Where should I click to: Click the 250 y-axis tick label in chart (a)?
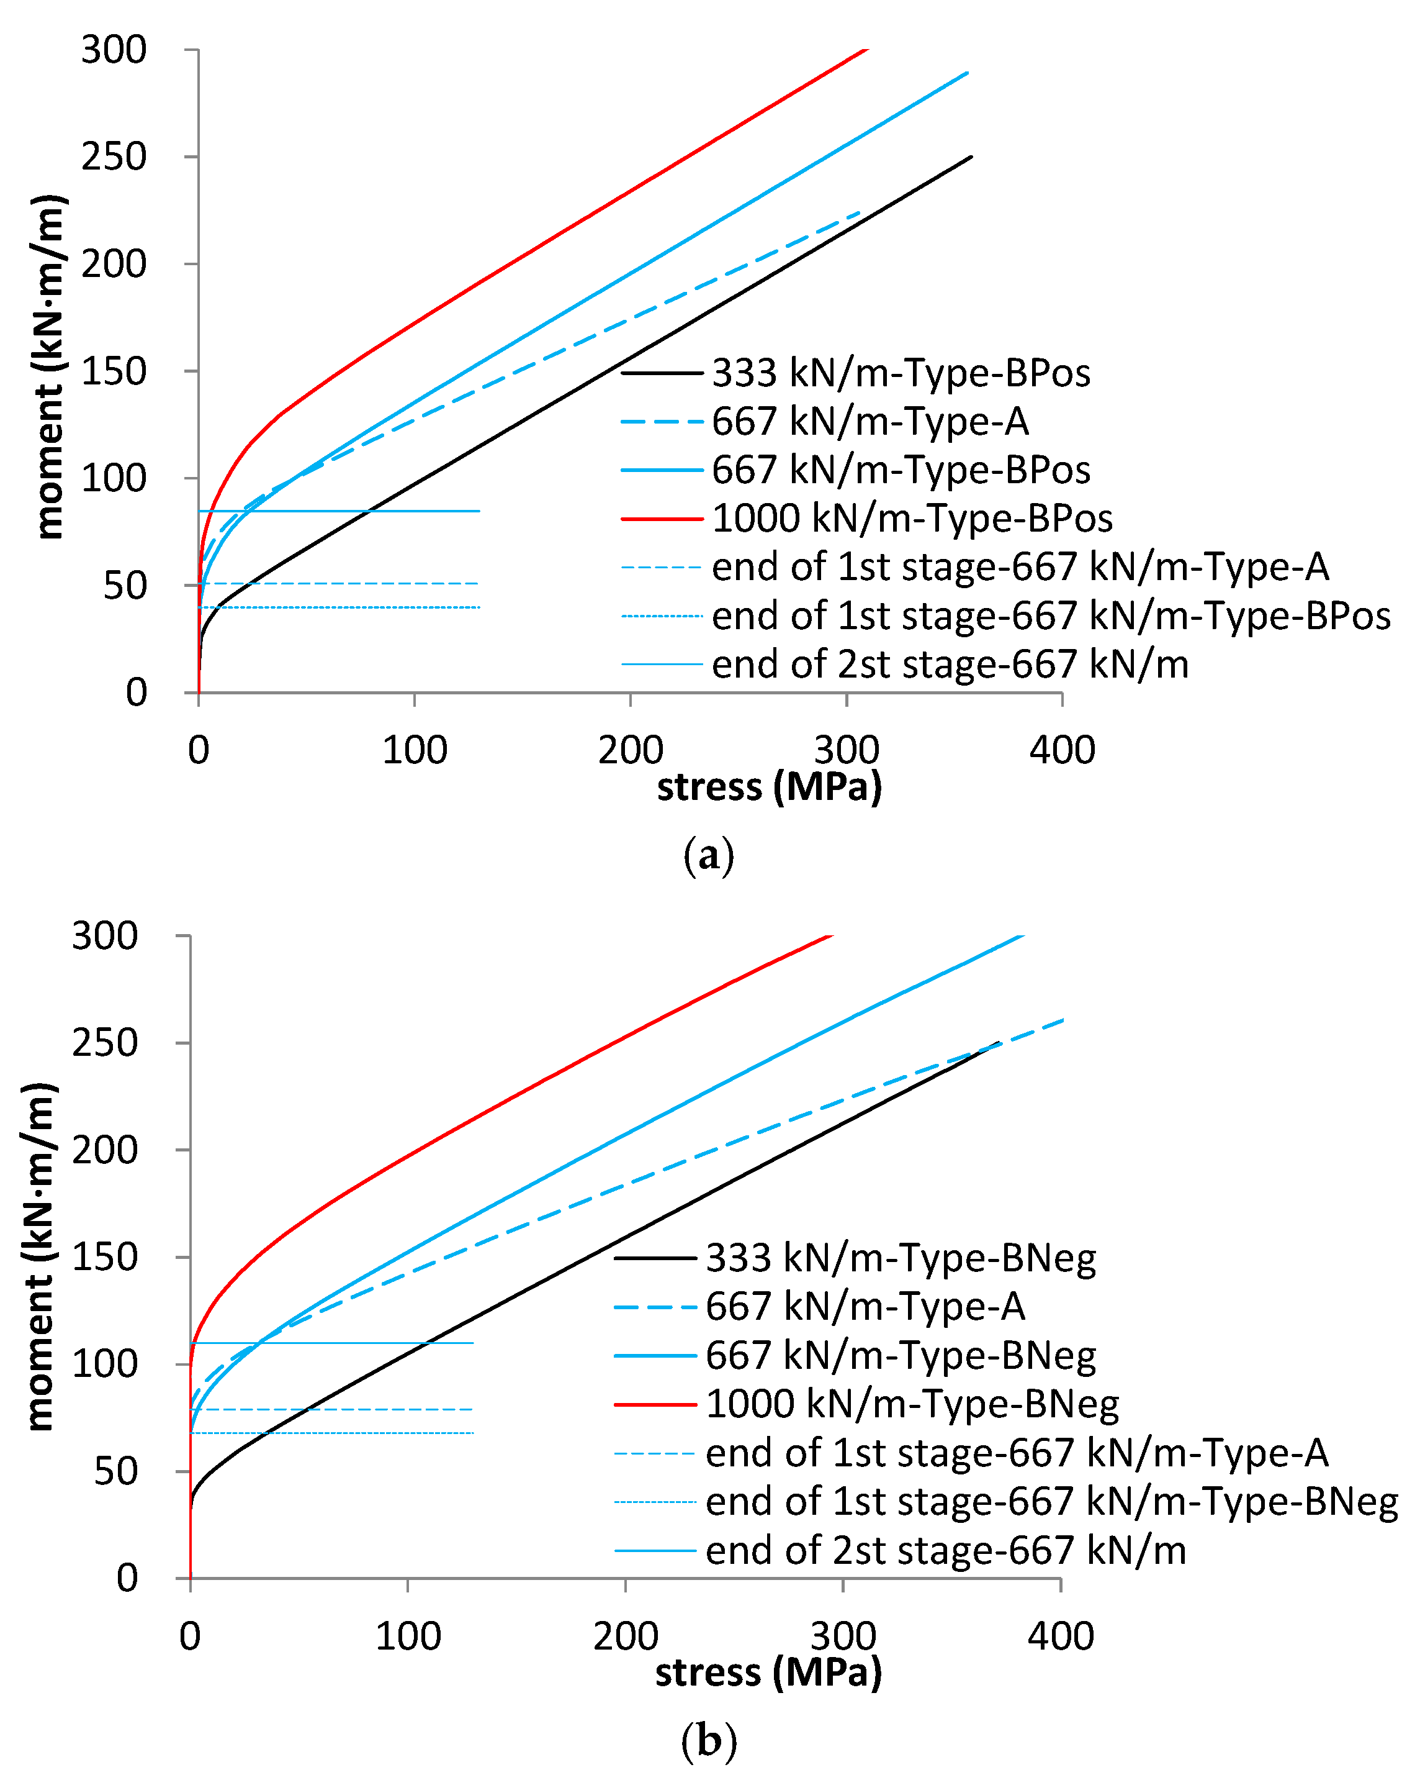114,157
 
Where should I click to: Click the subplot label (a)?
708,856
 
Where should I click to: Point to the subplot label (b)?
708,1740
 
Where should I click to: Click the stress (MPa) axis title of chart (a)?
769,787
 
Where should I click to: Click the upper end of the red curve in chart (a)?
866,50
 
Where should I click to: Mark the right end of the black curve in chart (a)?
971,157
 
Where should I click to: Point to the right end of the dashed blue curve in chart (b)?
1062,1020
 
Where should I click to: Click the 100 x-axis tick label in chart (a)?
414,750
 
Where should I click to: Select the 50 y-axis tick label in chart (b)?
115,1471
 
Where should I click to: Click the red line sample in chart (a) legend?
662,519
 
